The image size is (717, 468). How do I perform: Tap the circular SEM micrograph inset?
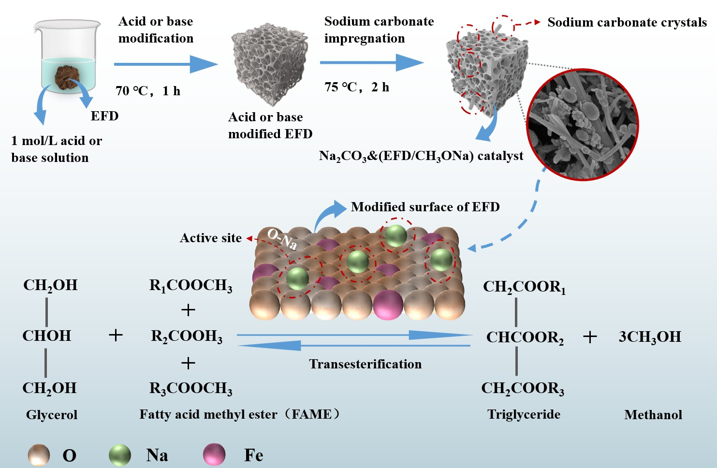click(x=582, y=124)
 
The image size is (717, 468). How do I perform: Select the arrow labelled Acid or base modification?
click(x=164, y=64)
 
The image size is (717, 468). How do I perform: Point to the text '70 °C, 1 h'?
click(x=147, y=91)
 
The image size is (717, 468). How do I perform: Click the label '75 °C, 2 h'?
click(x=356, y=87)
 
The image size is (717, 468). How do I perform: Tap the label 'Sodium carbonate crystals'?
click(x=627, y=22)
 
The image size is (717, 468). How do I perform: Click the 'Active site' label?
click(x=211, y=238)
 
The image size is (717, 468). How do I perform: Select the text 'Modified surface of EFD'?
click(x=425, y=207)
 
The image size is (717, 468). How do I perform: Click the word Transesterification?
click(x=365, y=364)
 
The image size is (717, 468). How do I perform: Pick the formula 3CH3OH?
click(x=650, y=336)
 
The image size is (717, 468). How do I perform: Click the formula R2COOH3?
click(x=187, y=336)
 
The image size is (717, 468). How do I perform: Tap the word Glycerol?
click(x=52, y=415)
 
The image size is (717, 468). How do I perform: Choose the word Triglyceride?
click(x=524, y=414)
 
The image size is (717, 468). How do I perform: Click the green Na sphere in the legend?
click(x=120, y=455)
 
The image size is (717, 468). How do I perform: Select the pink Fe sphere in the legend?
click(x=214, y=454)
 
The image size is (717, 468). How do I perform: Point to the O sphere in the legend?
click(x=39, y=455)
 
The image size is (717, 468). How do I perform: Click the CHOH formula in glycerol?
click(x=47, y=336)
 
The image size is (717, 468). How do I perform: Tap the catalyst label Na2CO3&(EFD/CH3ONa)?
click(x=421, y=156)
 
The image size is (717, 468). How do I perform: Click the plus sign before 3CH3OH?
click(x=589, y=336)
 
